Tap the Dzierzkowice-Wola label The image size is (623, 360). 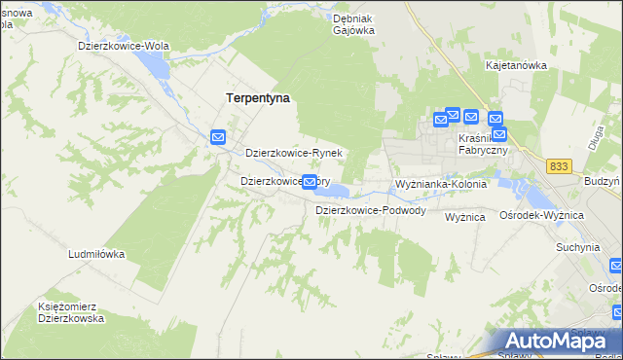pyautogui.click(x=125, y=46)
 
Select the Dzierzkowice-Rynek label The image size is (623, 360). pyautogui.click(x=293, y=154)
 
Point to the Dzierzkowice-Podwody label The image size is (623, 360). pyautogui.click(x=370, y=210)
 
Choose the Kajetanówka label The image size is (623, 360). pyautogui.click(x=516, y=65)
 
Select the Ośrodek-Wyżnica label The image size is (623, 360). pyautogui.click(x=540, y=215)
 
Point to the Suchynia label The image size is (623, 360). pyautogui.click(x=577, y=247)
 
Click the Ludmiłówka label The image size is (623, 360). pyautogui.click(x=96, y=254)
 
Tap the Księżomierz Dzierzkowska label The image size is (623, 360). pyautogui.click(x=70, y=312)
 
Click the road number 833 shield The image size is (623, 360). pyautogui.click(x=558, y=167)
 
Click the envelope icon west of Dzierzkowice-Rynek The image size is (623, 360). pyautogui.click(x=219, y=138)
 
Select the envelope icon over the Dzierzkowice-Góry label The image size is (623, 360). pyautogui.click(x=310, y=181)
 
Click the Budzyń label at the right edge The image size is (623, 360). pyautogui.click(x=603, y=182)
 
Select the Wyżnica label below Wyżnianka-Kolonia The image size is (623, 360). pyautogui.click(x=464, y=218)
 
